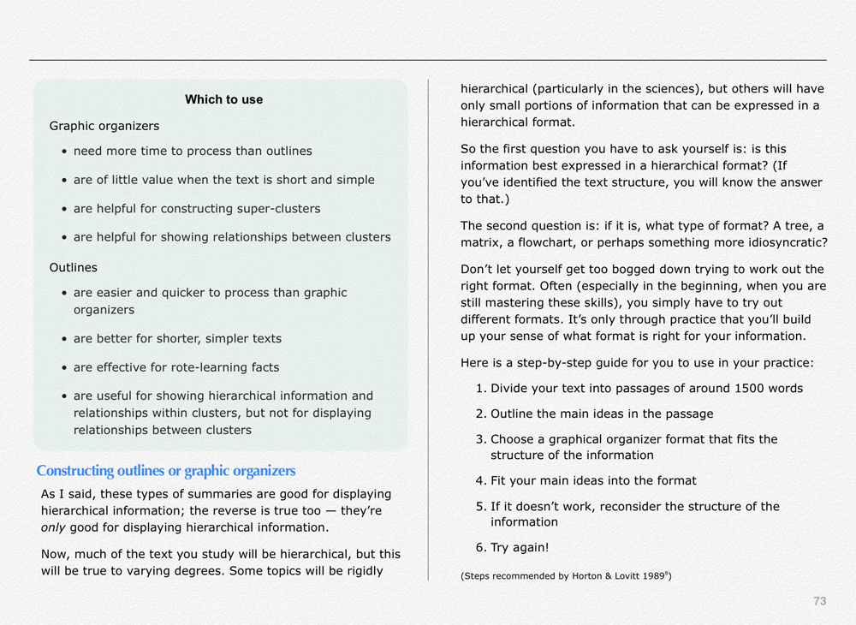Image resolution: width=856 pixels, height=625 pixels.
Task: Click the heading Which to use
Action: pyautogui.click(x=223, y=99)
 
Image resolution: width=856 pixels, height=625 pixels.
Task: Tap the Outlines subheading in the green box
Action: pyautogui.click(x=74, y=267)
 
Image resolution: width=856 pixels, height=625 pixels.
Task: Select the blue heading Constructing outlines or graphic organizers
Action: pyautogui.click(x=166, y=471)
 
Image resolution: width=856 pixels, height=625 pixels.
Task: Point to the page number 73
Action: pyautogui.click(x=819, y=601)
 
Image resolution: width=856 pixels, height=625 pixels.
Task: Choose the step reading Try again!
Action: pyautogui.click(x=520, y=547)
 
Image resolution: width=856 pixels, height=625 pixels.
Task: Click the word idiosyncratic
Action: pyautogui.click(x=784, y=242)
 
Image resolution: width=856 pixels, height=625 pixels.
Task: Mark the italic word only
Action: pyautogui.click(x=54, y=527)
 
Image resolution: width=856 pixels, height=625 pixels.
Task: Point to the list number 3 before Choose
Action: pyautogui.click(x=480, y=439)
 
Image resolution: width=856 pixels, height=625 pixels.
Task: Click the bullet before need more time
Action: pyautogui.click(x=65, y=152)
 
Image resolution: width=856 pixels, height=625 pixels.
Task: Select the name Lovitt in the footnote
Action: pyautogui.click(x=626, y=576)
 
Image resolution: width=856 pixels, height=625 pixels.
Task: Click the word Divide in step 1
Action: pyautogui.click(x=510, y=388)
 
